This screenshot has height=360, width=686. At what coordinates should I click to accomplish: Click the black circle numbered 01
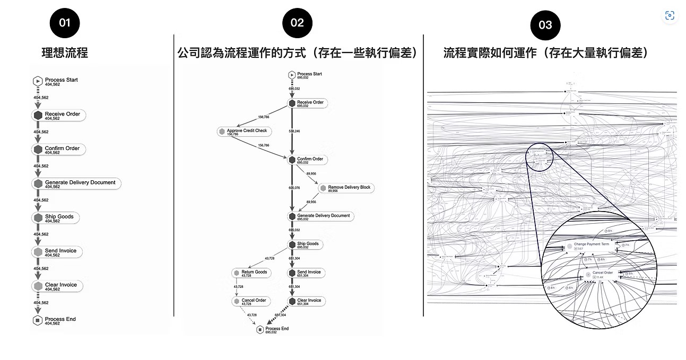pyautogui.click(x=64, y=23)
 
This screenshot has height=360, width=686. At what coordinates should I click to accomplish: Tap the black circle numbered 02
pyautogui.click(x=297, y=23)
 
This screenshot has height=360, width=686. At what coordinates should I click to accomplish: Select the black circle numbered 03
pyautogui.click(x=545, y=25)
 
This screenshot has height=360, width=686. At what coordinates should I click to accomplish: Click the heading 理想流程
pyautogui.click(x=65, y=52)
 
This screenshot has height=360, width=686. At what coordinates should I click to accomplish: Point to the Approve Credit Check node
pyautogui.click(x=245, y=131)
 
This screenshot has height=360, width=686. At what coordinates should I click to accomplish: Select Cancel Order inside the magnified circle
pyautogui.click(x=602, y=273)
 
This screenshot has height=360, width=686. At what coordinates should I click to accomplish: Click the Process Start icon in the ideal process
pyautogui.click(x=38, y=81)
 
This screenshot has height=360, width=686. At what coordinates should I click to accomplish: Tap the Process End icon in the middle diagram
pyautogui.click(x=259, y=330)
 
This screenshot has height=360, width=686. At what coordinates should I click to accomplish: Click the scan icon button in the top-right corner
pyautogui.click(x=670, y=15)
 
